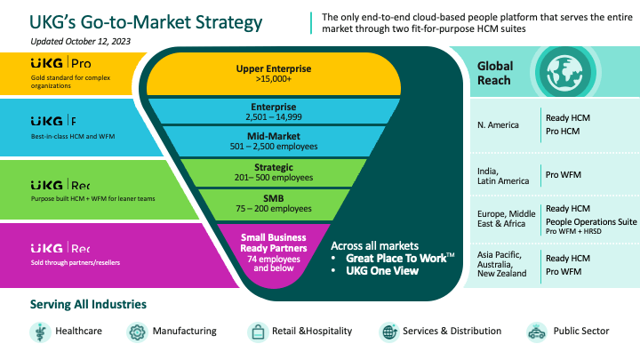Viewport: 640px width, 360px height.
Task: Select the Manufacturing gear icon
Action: tap(138, 332)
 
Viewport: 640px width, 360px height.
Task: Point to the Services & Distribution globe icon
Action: tap(388, 332)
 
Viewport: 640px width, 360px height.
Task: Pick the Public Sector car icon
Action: tap(536, 332)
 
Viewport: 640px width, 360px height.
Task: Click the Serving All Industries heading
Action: tap(89, 305)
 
